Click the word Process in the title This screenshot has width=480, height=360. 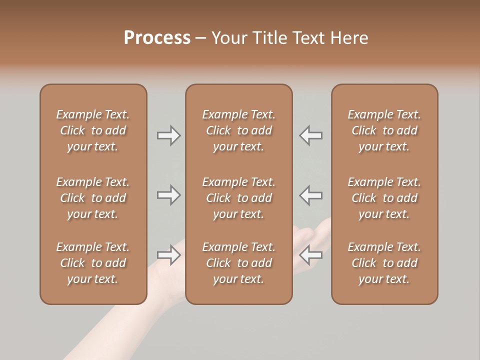157,38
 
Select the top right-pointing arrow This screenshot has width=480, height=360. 168,135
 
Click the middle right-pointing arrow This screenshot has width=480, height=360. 168,195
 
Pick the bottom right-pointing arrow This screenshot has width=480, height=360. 168,255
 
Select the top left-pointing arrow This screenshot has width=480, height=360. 311,135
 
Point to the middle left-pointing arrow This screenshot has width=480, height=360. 311,195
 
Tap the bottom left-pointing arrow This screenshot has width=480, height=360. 311,255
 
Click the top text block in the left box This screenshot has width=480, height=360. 93,130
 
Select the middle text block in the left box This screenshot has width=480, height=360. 93,198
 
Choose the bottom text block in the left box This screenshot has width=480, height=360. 93,263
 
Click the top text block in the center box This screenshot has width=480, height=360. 238,130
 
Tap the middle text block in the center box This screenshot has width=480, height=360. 238,198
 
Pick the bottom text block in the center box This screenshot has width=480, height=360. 238,263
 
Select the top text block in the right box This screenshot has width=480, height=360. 384,130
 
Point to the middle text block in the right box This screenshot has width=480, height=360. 384,198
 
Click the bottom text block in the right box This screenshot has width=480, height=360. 384,263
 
